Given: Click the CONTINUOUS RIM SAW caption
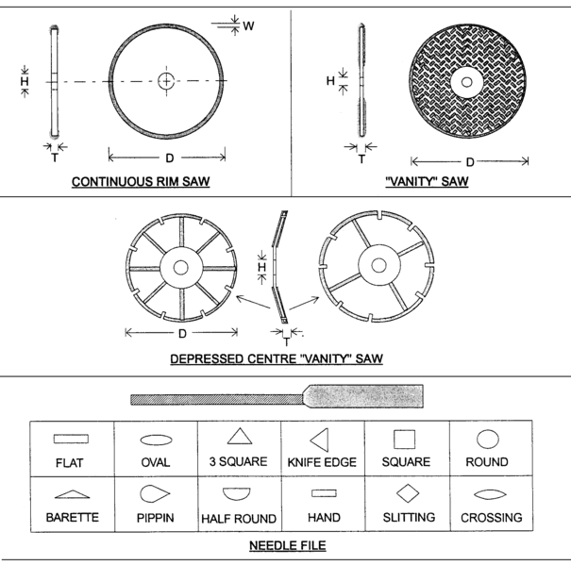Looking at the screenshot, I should point(140,183).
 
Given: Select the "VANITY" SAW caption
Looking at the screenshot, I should point(428,183).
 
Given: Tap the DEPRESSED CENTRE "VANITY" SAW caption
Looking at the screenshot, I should point(277,359).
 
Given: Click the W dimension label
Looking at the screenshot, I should point(248,26).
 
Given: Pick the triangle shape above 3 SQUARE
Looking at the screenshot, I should point(239,437).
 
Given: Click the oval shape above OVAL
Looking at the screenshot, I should point(155,440).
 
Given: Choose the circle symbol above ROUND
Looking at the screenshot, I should point(487,439).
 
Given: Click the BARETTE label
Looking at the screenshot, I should point(72,518).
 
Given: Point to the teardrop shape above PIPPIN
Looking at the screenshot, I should point(154,494).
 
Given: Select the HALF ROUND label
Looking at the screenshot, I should point(239,519).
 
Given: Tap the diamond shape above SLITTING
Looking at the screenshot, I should point(407,493).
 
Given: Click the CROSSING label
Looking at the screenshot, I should point(491,518).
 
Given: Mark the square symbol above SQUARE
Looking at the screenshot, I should point(405,439).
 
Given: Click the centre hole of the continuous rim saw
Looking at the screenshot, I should point(166,81).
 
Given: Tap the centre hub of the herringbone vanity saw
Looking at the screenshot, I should point(464,81).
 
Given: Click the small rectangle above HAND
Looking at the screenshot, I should point(324,493).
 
